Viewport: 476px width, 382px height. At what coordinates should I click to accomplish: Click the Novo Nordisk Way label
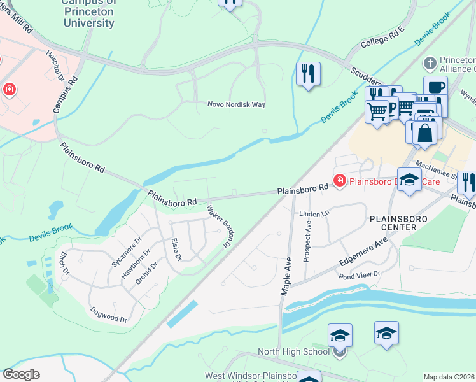coord(236,104)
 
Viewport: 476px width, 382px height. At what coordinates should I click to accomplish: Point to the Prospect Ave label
coord(308,244)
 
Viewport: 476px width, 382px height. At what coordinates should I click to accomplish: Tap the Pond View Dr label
coord(359,274)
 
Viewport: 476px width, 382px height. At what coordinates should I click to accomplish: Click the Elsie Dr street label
coord(176,249)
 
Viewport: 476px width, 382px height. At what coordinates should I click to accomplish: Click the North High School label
coord(293,351)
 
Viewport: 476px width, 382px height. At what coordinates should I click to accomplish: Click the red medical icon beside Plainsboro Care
coord(340,182)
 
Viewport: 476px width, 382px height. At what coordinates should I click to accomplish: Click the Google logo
coord(22,374)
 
